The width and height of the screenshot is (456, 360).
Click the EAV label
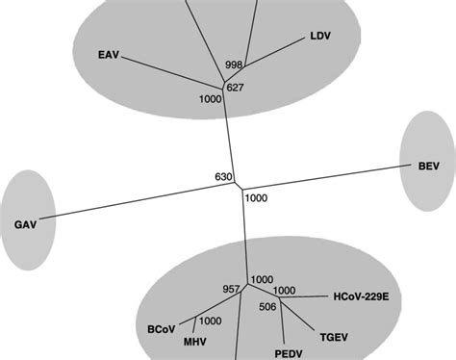tap(110, 54)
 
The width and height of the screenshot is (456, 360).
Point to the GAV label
tap(25, 224)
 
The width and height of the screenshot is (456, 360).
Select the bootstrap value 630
tap(225, 177)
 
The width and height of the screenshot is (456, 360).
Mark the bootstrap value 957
tap(231, 289)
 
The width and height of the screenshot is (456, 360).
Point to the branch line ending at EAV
tap(173, 72)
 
